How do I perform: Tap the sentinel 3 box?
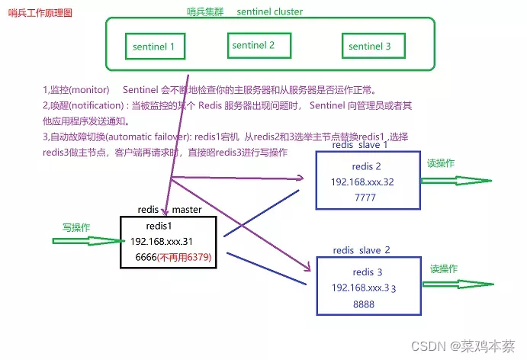click(x=369, y=46)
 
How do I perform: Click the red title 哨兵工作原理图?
click(x=40, y=14)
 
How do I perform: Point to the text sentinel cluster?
click(x=269, y=11)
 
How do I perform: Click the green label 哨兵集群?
click(x=205, y=11)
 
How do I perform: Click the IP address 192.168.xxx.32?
click(x=362, y=182)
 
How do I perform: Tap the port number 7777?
click(x=366, y=197)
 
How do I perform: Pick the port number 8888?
click(x=365, y=303)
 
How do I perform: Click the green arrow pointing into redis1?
click(x=84, y=241)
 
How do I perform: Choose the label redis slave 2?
click(x=362, y=250)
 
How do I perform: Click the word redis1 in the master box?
click(x=159, y=227)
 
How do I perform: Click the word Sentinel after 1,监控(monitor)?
click(x=140, y=88)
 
